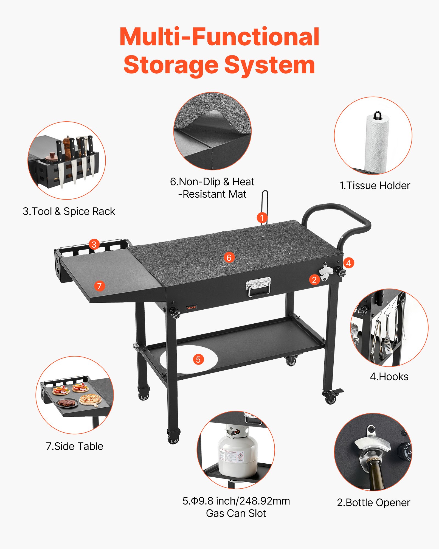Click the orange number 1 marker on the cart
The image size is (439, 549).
262,218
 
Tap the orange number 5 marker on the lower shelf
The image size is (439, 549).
198,359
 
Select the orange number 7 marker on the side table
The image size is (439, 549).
99,286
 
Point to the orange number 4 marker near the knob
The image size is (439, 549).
348,263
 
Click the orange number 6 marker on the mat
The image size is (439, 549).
229,257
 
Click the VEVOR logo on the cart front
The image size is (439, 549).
192,307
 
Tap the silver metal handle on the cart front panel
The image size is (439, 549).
258,286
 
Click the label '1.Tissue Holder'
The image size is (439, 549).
375,186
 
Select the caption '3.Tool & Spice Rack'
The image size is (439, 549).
69,211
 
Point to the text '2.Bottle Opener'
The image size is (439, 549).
373,503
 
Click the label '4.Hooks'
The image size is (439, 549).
389,377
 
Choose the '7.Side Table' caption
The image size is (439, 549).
75,446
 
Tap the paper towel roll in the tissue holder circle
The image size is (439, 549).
376,143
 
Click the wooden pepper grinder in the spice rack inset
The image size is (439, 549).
67,147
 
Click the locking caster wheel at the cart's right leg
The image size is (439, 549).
331,397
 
